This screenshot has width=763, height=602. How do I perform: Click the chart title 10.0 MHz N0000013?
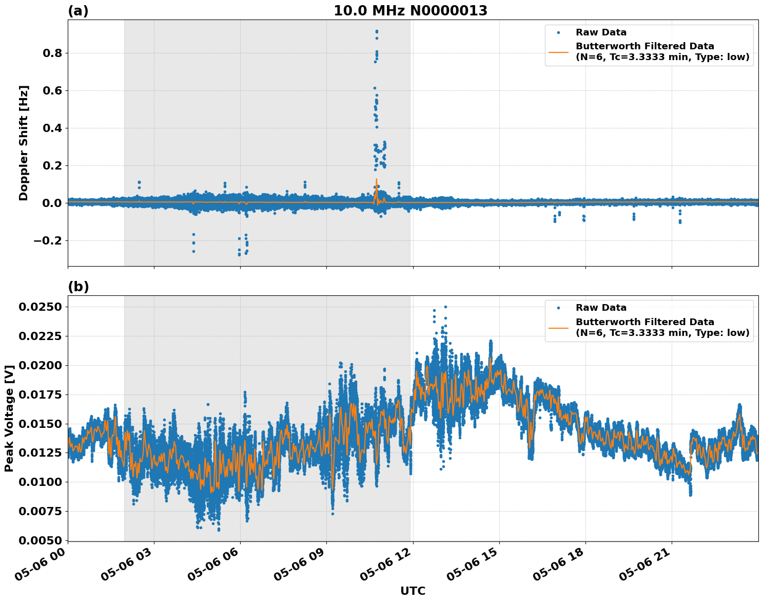[410, 11]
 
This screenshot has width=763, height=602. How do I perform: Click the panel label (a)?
[78, 11]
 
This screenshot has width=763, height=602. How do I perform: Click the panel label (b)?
[78, 287]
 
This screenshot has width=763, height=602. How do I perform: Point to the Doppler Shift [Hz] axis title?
[24, 143]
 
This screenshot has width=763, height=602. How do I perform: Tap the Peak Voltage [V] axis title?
[9, 418]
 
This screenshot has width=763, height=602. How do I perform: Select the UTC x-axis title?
[413, 591]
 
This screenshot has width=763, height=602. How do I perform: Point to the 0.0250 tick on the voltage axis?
[40, 307]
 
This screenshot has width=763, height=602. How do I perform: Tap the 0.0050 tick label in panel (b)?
[40, 540]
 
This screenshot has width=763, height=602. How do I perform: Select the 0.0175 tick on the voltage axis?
[40, 395]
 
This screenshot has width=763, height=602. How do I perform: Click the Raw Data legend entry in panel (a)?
[601, 32]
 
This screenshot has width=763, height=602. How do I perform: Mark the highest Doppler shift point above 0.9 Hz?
[377, 31]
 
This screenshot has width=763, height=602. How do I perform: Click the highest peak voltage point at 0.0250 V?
[445, 307]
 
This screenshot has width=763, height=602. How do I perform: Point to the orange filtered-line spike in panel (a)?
[376, 180]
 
